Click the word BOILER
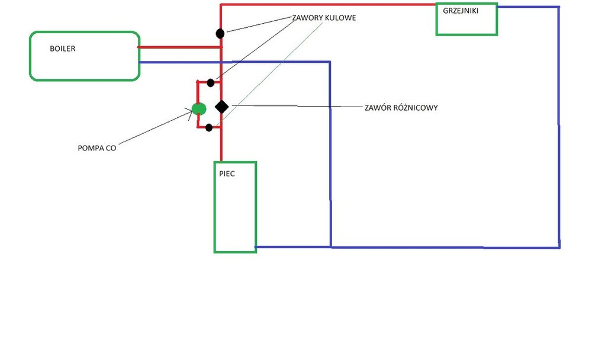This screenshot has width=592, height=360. [62, 49]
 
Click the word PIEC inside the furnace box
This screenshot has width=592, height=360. [227, 175]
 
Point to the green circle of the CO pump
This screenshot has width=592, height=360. [199, 109]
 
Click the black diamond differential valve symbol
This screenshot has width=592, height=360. [221, 107]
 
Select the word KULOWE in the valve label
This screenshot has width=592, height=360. [340, 18]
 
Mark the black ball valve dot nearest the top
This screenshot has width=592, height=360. [220, 33]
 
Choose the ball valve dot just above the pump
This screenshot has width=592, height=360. [210, 82]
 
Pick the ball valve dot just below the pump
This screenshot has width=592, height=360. [209, 127]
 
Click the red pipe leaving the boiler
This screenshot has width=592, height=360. [178, 47]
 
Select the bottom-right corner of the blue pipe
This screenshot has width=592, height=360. [559, 246]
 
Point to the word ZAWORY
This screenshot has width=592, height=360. [307, 18]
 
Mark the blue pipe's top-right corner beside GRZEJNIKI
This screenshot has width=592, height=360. [558, 7]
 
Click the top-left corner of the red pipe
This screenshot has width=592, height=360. [221, 5]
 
